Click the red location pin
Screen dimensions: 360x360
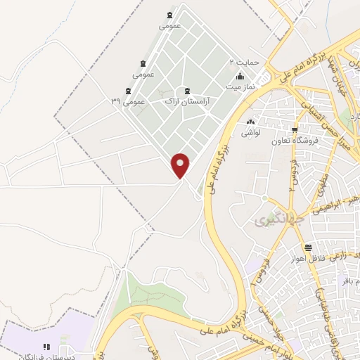point(181,165)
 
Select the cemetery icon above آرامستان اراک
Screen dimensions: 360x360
point(187,90)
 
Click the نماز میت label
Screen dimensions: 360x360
point(239,86)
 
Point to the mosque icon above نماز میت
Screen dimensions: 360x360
point(240,76)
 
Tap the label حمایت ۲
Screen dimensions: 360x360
point(245,62)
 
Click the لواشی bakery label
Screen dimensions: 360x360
point(251,132)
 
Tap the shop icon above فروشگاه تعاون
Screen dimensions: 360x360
point(295,129)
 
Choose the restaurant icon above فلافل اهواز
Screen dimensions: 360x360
point(308,247)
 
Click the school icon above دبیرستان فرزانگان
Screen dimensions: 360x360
point(46,347)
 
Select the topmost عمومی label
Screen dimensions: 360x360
point(170,26)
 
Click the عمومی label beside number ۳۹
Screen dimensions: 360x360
point(133,101)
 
